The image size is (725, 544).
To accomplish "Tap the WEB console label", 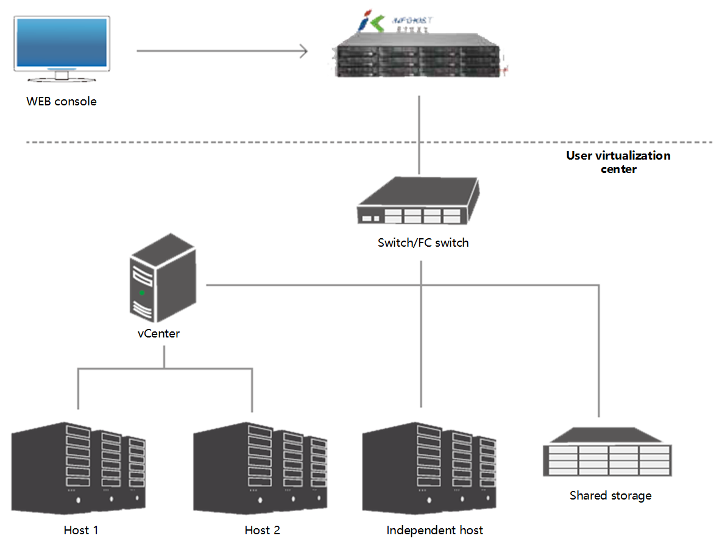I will point(62,102).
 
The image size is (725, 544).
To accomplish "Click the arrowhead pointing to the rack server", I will point(303,51).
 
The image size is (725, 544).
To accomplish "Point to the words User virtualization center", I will point(618,162).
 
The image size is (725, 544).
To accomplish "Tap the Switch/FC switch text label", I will point(423,243).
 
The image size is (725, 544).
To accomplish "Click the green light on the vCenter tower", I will point(142,293).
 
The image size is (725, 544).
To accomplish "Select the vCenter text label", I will point(158,334).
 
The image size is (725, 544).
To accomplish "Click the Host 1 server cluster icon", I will point(79,465).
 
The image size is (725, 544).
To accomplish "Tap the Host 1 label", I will point(81,530).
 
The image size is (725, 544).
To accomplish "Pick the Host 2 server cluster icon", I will point(260,465).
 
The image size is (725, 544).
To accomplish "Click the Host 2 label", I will point(262,530).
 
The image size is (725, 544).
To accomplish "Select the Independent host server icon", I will point(429,465).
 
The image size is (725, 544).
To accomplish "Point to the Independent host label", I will point(434,530).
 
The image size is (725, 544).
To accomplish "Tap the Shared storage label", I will point(610,495).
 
